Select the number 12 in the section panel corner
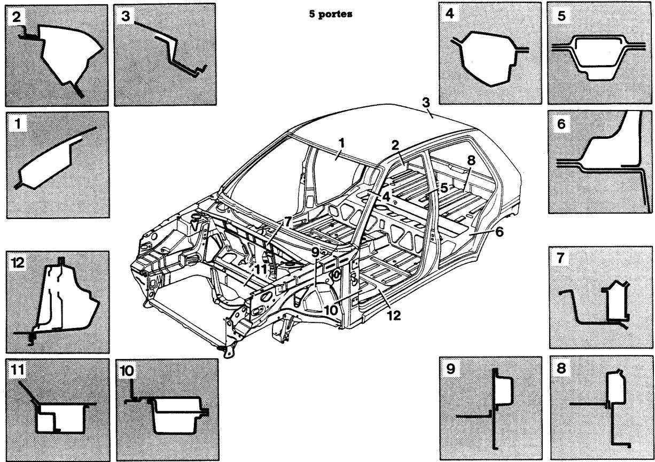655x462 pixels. (x=17, y=262)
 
